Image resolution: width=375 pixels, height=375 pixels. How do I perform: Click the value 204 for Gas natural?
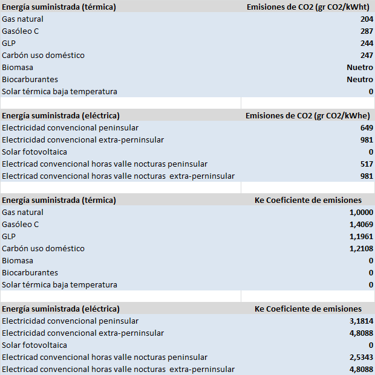click(x=366, y=19)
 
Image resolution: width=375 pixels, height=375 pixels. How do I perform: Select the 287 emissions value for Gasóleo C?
click(x=366, y=31)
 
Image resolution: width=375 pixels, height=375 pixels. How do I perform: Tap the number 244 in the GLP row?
click(x=366, y=43)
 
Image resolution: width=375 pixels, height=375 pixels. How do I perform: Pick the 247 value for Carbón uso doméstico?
click(x=366, y=56)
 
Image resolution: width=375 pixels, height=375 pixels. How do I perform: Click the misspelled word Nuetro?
click(x=360, y=68)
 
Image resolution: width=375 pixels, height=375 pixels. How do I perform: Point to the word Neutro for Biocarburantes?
click(x=360, y=80)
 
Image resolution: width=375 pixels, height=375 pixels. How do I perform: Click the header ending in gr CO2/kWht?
click(x=310, y=7)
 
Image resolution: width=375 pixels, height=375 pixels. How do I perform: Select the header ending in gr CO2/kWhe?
click(x=309, y=116)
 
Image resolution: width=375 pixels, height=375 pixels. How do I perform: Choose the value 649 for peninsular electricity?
click(x=366, y=128)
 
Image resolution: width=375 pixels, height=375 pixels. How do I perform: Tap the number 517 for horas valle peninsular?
click(x=366, y=164)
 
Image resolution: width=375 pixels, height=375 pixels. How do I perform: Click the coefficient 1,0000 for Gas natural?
click(x=361, y=213)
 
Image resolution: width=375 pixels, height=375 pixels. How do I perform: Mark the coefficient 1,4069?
click(x=361, y=225)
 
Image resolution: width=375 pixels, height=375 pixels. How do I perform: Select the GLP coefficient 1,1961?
click(x=361, y=237)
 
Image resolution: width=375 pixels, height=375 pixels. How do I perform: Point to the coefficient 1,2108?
click(x=361, y=249)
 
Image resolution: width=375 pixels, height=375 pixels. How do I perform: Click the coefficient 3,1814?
click(x=361, y=321)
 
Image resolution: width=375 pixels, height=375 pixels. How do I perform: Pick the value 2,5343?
click(x=361, y=357)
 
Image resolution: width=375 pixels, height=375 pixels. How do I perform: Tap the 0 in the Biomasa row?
click(x=371, y=261)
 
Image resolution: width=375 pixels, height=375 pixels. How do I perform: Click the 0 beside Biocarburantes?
click(x=371, y=273)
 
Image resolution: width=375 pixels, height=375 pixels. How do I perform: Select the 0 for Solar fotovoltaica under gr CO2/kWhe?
click(x=371, y=152)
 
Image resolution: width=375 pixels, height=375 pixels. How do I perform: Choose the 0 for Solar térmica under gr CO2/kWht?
click(x=371, y=92)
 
